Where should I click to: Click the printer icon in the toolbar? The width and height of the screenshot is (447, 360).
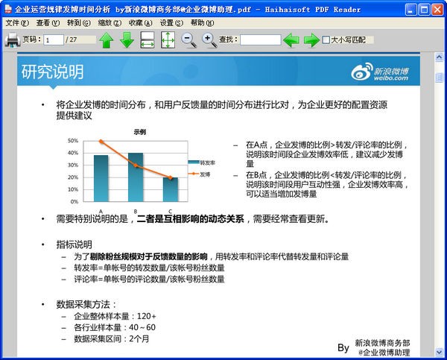tap(13, 40)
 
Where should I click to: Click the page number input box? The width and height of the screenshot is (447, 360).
tap(53, 40)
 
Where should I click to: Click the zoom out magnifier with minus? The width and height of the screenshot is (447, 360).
tap(189, 40)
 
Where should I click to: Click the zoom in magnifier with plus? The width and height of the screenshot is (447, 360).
tap(209, 40)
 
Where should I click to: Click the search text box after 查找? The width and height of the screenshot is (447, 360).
tap(260, 40)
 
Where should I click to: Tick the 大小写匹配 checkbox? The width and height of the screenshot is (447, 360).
tap(326, 40)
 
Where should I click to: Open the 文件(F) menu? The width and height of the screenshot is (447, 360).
tap(17, 23)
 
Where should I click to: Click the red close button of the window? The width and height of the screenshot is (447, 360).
tap(437, 10)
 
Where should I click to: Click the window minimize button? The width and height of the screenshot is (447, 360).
tap(408, 10)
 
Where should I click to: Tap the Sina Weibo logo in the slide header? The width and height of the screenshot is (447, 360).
tap(381, 72)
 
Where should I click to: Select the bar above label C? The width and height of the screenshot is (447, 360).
tap(170, 189)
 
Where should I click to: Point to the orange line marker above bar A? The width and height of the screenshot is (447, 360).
tap(101, 142)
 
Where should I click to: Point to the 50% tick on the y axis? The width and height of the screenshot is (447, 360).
tap(73, 140)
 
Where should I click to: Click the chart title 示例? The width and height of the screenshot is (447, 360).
tap(139, 131)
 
